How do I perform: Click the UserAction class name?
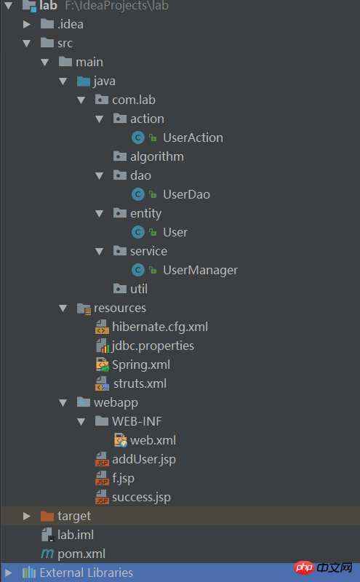click(193, 137)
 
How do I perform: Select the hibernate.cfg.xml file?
click(160, 327)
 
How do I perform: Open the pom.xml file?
click(81, 554)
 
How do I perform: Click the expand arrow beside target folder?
click(27, 516)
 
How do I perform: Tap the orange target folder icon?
click(47, 516)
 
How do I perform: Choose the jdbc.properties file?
click(153, 346)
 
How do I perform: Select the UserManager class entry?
click(201, 270)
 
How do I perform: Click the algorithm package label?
click(157, 156)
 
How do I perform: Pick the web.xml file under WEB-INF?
click(153, 440)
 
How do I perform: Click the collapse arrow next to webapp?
click(63, 403)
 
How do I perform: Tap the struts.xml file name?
click(140, 383)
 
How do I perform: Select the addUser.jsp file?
click(144, 460)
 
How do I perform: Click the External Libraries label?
click(87, 573)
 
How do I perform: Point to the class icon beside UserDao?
click(138, 194)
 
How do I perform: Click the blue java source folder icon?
click(84, 81)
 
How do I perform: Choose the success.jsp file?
click(141, 498)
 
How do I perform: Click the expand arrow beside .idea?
click(27, 25)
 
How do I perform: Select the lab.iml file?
click(76, 535)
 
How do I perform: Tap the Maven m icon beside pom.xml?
click(47, 554)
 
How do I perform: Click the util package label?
click(139, 289)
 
